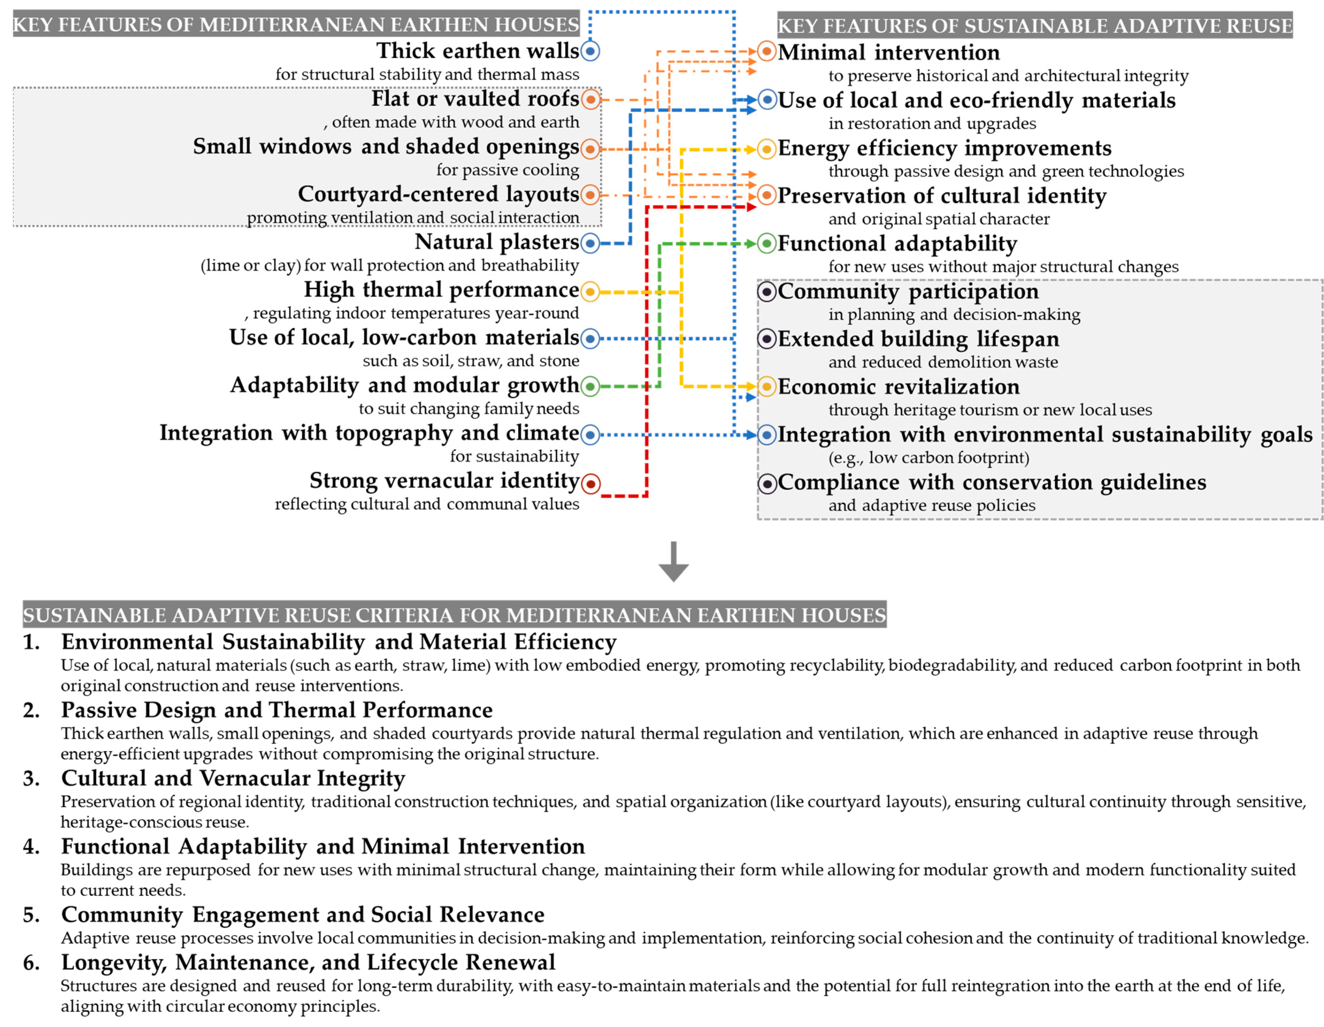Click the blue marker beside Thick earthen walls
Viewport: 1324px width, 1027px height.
(x=590, y=51)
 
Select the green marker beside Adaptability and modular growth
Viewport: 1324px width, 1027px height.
(x=590, y=386)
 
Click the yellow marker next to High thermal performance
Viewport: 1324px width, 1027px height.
(x=590, y=292)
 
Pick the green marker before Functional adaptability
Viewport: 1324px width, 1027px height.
(x=767, y=244)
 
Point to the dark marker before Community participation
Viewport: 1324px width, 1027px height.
(x=767, y=292)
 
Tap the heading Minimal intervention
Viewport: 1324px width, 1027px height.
(x=889, y=53)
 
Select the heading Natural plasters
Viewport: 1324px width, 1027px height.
(x=497, y=242)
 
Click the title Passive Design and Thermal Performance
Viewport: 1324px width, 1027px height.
(x=277, y=710)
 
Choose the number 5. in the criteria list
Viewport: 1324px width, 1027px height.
(x=32, y=914)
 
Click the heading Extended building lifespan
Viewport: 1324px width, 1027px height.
(x=919, y=339)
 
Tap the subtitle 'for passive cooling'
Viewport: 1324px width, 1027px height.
(x=507, y=170)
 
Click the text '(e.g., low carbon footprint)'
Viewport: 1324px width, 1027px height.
(x=929, y=458)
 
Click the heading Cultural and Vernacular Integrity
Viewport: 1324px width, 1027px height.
(x=233, y=778)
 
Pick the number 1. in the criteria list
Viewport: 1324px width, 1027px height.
(x=32, y=642)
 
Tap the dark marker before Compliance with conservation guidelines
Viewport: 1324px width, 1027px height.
(x=767, y=483)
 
